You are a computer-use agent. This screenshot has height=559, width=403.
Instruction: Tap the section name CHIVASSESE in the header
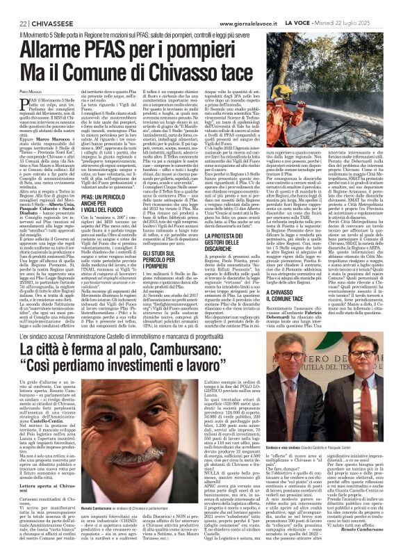(x=49, y=6)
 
